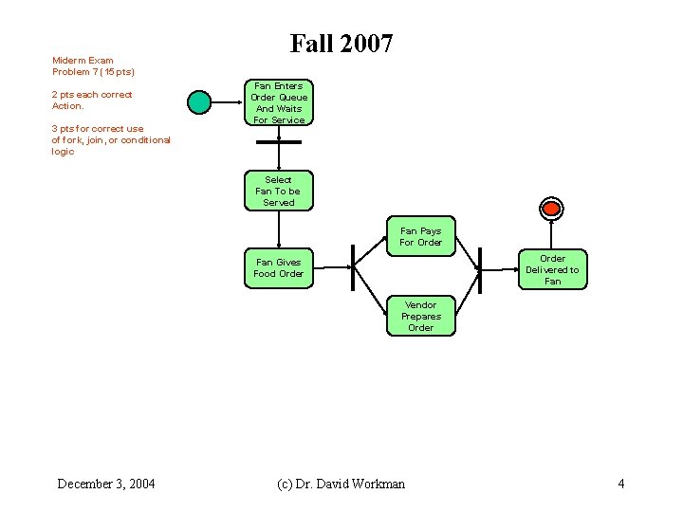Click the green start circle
point(199,102)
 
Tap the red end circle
point(551,208)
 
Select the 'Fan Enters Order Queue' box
point(279,102)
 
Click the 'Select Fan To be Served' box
point(279,191)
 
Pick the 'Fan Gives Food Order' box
point(279,268)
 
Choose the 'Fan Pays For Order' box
point(420,236)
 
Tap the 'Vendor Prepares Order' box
point(420,317)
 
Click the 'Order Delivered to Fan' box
point(552,269)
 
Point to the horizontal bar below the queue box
point(279,142)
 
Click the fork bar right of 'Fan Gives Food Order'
point(352,268)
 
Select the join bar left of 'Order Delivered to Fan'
point(480,269)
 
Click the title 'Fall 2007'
point(341,44)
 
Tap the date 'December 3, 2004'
point(106,484)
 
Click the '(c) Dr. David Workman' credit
point(341,484)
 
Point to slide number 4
point(621,484)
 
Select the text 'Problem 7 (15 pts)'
point(93,72)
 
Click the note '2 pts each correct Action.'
point(92,100)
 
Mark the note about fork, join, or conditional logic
point(110,140)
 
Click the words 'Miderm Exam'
point(83,61)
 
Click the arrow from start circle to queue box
point(228,102)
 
